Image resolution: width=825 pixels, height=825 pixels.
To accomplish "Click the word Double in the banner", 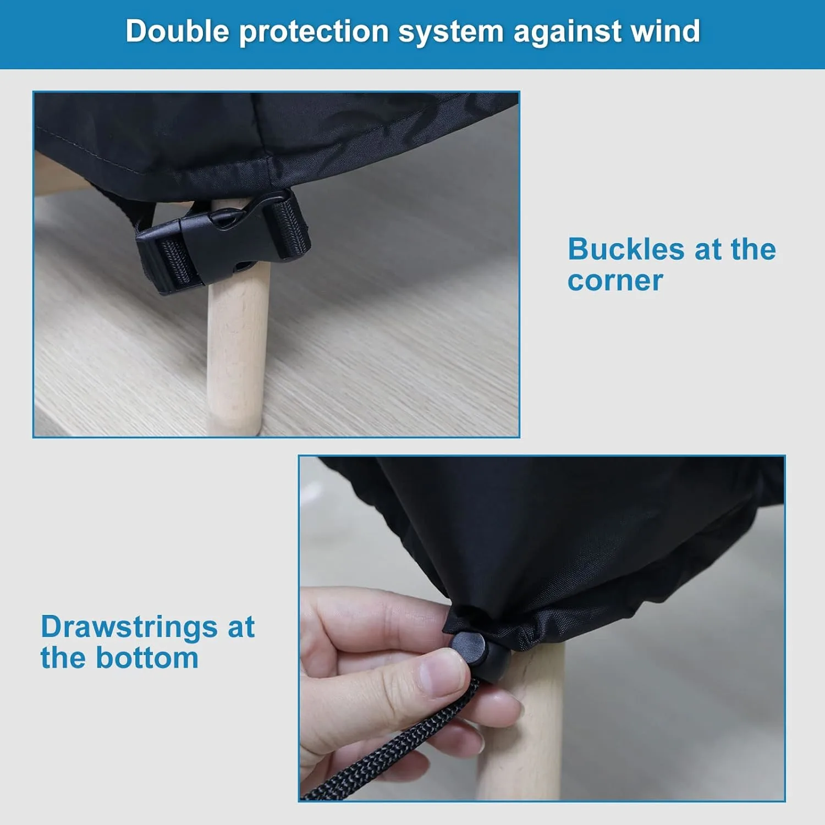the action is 177,31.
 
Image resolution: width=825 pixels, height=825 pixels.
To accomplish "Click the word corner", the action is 615,281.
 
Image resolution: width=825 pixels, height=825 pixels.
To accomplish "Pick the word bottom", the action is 147,657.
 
